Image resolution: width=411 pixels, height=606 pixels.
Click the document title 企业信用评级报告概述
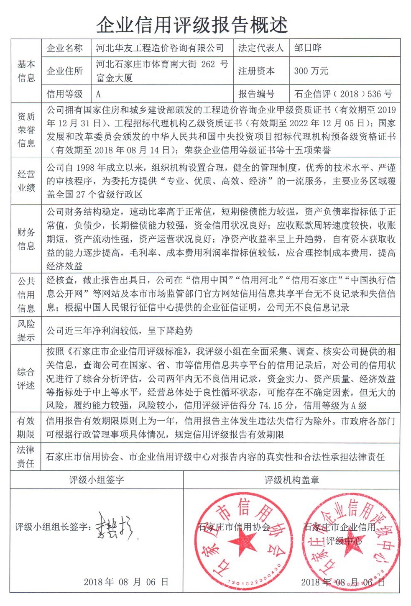click(192, 25)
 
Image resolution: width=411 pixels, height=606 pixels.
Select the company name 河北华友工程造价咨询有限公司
click(160, 48)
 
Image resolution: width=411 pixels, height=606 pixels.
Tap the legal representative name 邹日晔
click(308, 48)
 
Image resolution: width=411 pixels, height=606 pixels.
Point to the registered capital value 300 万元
click(311, 71)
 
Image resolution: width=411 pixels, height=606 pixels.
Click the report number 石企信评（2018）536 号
click(343, 94)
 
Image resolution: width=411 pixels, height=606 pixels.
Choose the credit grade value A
click(99, 94)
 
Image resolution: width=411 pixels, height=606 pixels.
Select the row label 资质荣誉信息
click(26, 130)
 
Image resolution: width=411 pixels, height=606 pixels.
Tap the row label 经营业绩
click(26, 181)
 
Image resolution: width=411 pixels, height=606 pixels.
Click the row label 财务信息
click(26, 239)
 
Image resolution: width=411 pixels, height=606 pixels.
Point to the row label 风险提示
click(26, 330)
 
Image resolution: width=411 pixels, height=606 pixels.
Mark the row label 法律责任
click(26, 456)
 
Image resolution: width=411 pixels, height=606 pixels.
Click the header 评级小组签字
click(97, 480)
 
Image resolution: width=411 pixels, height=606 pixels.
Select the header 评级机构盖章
click(291, 480)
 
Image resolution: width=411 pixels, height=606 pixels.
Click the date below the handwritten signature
click(126, 582)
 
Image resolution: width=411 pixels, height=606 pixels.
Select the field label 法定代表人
click(261, 48)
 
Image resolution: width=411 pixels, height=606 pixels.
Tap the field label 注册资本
click(256, 71)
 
